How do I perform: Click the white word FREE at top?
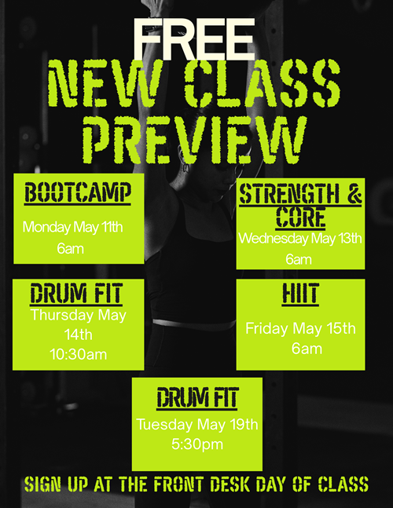pyautogui.click(x=193, y=39)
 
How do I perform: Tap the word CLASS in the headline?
pyautogui.click(x=262, y=84)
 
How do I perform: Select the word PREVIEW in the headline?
pyautogui.click(x=195, y=141)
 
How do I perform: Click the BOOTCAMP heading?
pyautogui.click(x=78, y=193)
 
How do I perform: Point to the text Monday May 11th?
pyautogui.click(x=72, y=227)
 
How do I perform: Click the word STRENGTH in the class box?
pyautogui.click(x=288, y=194)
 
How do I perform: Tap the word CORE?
pyautogui.click(x=300, y=217)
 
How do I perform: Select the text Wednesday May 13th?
pyautogui.click(x=300, y=239)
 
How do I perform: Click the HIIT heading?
pyautogui.click(x=300, y=294)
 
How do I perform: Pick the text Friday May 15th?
pyautogui.click(x=300, y=328)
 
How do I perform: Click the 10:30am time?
pyautogui.click(x=78, y=354)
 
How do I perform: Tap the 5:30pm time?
pyautogui.click(x=197, y=444)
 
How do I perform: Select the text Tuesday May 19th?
pyautogui.click(x=197, y=425)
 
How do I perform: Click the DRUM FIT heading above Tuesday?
pyautogui.click(x=197, y=397)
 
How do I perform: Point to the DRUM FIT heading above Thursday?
pyautogui.click(x=76, y=294)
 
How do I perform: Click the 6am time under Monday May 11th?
pyautogui.click(x=71, y=249)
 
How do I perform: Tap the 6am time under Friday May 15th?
pyautogui.click(x=307, y=349)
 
